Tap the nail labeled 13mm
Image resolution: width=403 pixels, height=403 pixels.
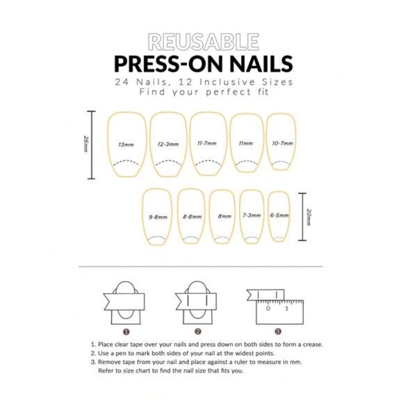click(x=126, y=145)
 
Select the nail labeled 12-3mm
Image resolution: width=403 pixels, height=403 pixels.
click(x=167, y=145)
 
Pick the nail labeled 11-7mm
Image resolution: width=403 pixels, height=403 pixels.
click(x=206, y=145)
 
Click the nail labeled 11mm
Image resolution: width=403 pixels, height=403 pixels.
click(x=245, y=144)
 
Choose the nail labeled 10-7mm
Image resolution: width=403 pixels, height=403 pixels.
click(x=281, y=142)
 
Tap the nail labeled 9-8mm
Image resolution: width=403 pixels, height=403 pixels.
click(x=157, y=217)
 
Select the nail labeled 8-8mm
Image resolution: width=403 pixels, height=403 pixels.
click(x=192, y=217)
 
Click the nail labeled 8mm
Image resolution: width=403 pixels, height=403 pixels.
click(x=224, y=217)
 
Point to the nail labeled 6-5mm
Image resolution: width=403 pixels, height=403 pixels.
click(x=279, y=216)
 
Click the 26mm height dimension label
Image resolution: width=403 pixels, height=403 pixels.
click(x=85, y=145)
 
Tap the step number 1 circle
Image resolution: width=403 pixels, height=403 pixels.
click(x=126, y=331)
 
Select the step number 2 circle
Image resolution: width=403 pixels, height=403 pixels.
click(x=198, y=331)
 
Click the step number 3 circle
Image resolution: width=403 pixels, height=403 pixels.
click(x=278, y=331)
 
